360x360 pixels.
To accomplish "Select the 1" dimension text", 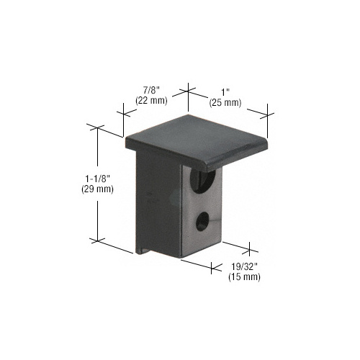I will tap(225, 91).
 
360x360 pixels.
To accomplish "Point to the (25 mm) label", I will tap(225, 103).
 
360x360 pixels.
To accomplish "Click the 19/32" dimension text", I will tap(243, 266).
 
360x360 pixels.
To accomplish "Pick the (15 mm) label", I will tap(243, 276).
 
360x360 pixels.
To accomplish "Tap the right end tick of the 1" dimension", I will tap(268, 111).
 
